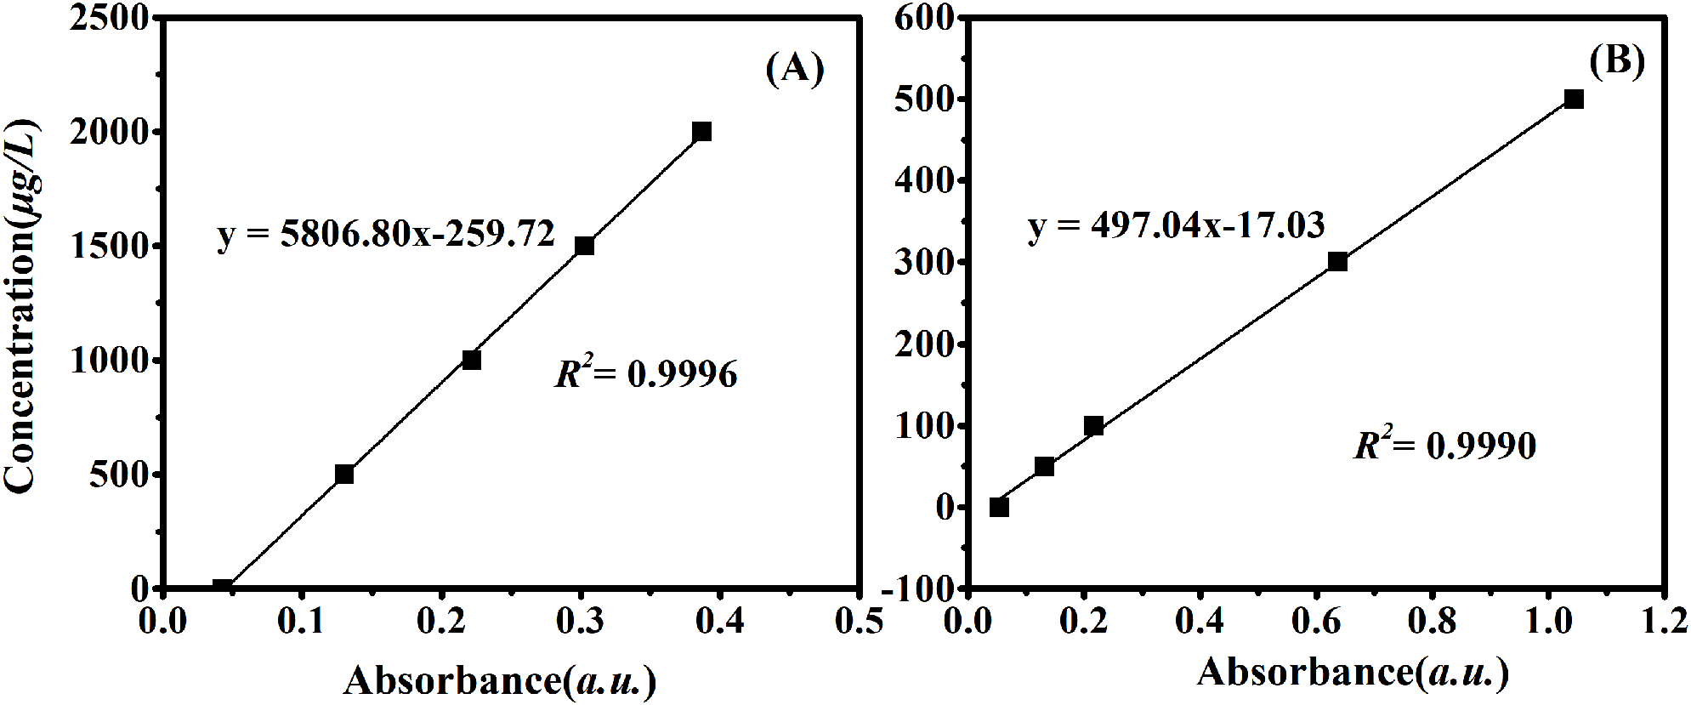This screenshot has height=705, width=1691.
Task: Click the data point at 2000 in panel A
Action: point(701,132)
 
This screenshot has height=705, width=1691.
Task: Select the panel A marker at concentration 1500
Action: point(584,246)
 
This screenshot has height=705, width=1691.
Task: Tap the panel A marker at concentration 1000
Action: point(471,360)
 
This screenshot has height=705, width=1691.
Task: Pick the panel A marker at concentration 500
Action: point(344,474)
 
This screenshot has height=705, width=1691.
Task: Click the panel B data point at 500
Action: point(1574,99)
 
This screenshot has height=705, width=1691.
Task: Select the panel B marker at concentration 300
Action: point(1337,261)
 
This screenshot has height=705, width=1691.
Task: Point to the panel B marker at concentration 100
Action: point(1094,426)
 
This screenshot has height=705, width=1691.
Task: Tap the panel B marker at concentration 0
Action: point(1000,507)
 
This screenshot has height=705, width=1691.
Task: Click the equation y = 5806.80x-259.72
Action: point(386,234)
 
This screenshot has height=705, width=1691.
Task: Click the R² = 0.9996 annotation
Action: point(646,373)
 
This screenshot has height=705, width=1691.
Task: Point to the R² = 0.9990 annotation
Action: point(1444,445)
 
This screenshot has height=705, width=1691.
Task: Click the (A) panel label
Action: point(795,68)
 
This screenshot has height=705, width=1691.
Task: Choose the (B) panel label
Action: point(1616,61)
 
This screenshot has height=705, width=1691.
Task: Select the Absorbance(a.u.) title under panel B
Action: point(1353,673)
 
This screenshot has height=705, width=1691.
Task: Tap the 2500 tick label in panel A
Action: point(110,18)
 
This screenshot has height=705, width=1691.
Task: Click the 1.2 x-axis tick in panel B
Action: point(1664,622)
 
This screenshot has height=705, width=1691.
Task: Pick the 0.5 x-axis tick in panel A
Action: point(859,622)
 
